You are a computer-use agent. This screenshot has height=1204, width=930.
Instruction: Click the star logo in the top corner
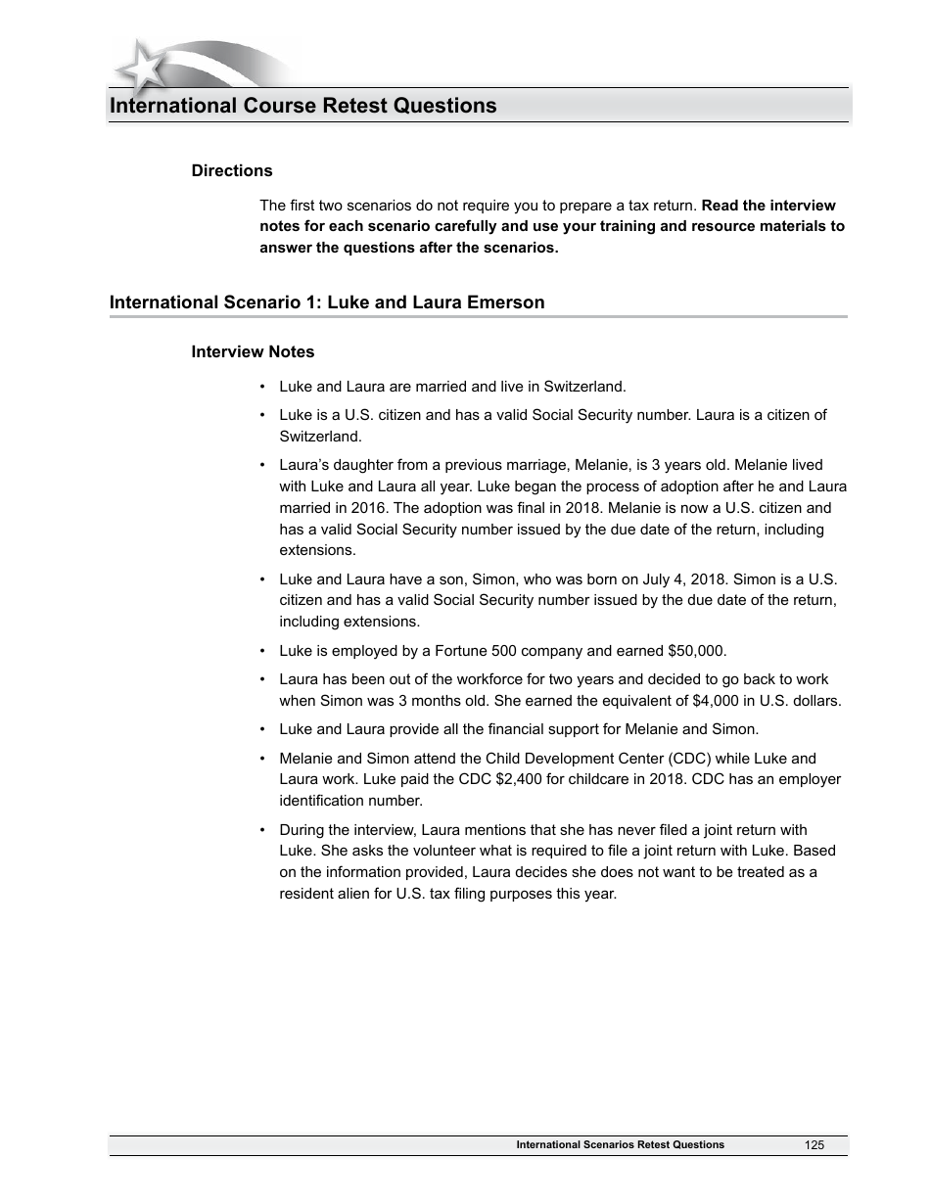[x=142, y=67]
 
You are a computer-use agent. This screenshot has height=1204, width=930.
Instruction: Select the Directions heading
[x=232, y=170]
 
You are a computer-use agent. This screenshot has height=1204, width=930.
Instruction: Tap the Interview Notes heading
[x=253, y=351]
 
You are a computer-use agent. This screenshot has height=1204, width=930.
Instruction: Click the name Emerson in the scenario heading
[x=501, y=302]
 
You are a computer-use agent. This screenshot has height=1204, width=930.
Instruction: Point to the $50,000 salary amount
[x=696, y=651]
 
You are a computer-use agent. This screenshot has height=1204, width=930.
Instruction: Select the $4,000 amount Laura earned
[x=691, y=701]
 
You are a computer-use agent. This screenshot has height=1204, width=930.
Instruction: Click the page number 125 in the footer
[x=814, y=1145]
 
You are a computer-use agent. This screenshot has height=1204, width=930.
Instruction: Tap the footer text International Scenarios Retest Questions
[x=620, y=1145]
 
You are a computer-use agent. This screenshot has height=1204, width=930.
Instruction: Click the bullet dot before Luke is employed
[x=263, y=652]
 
